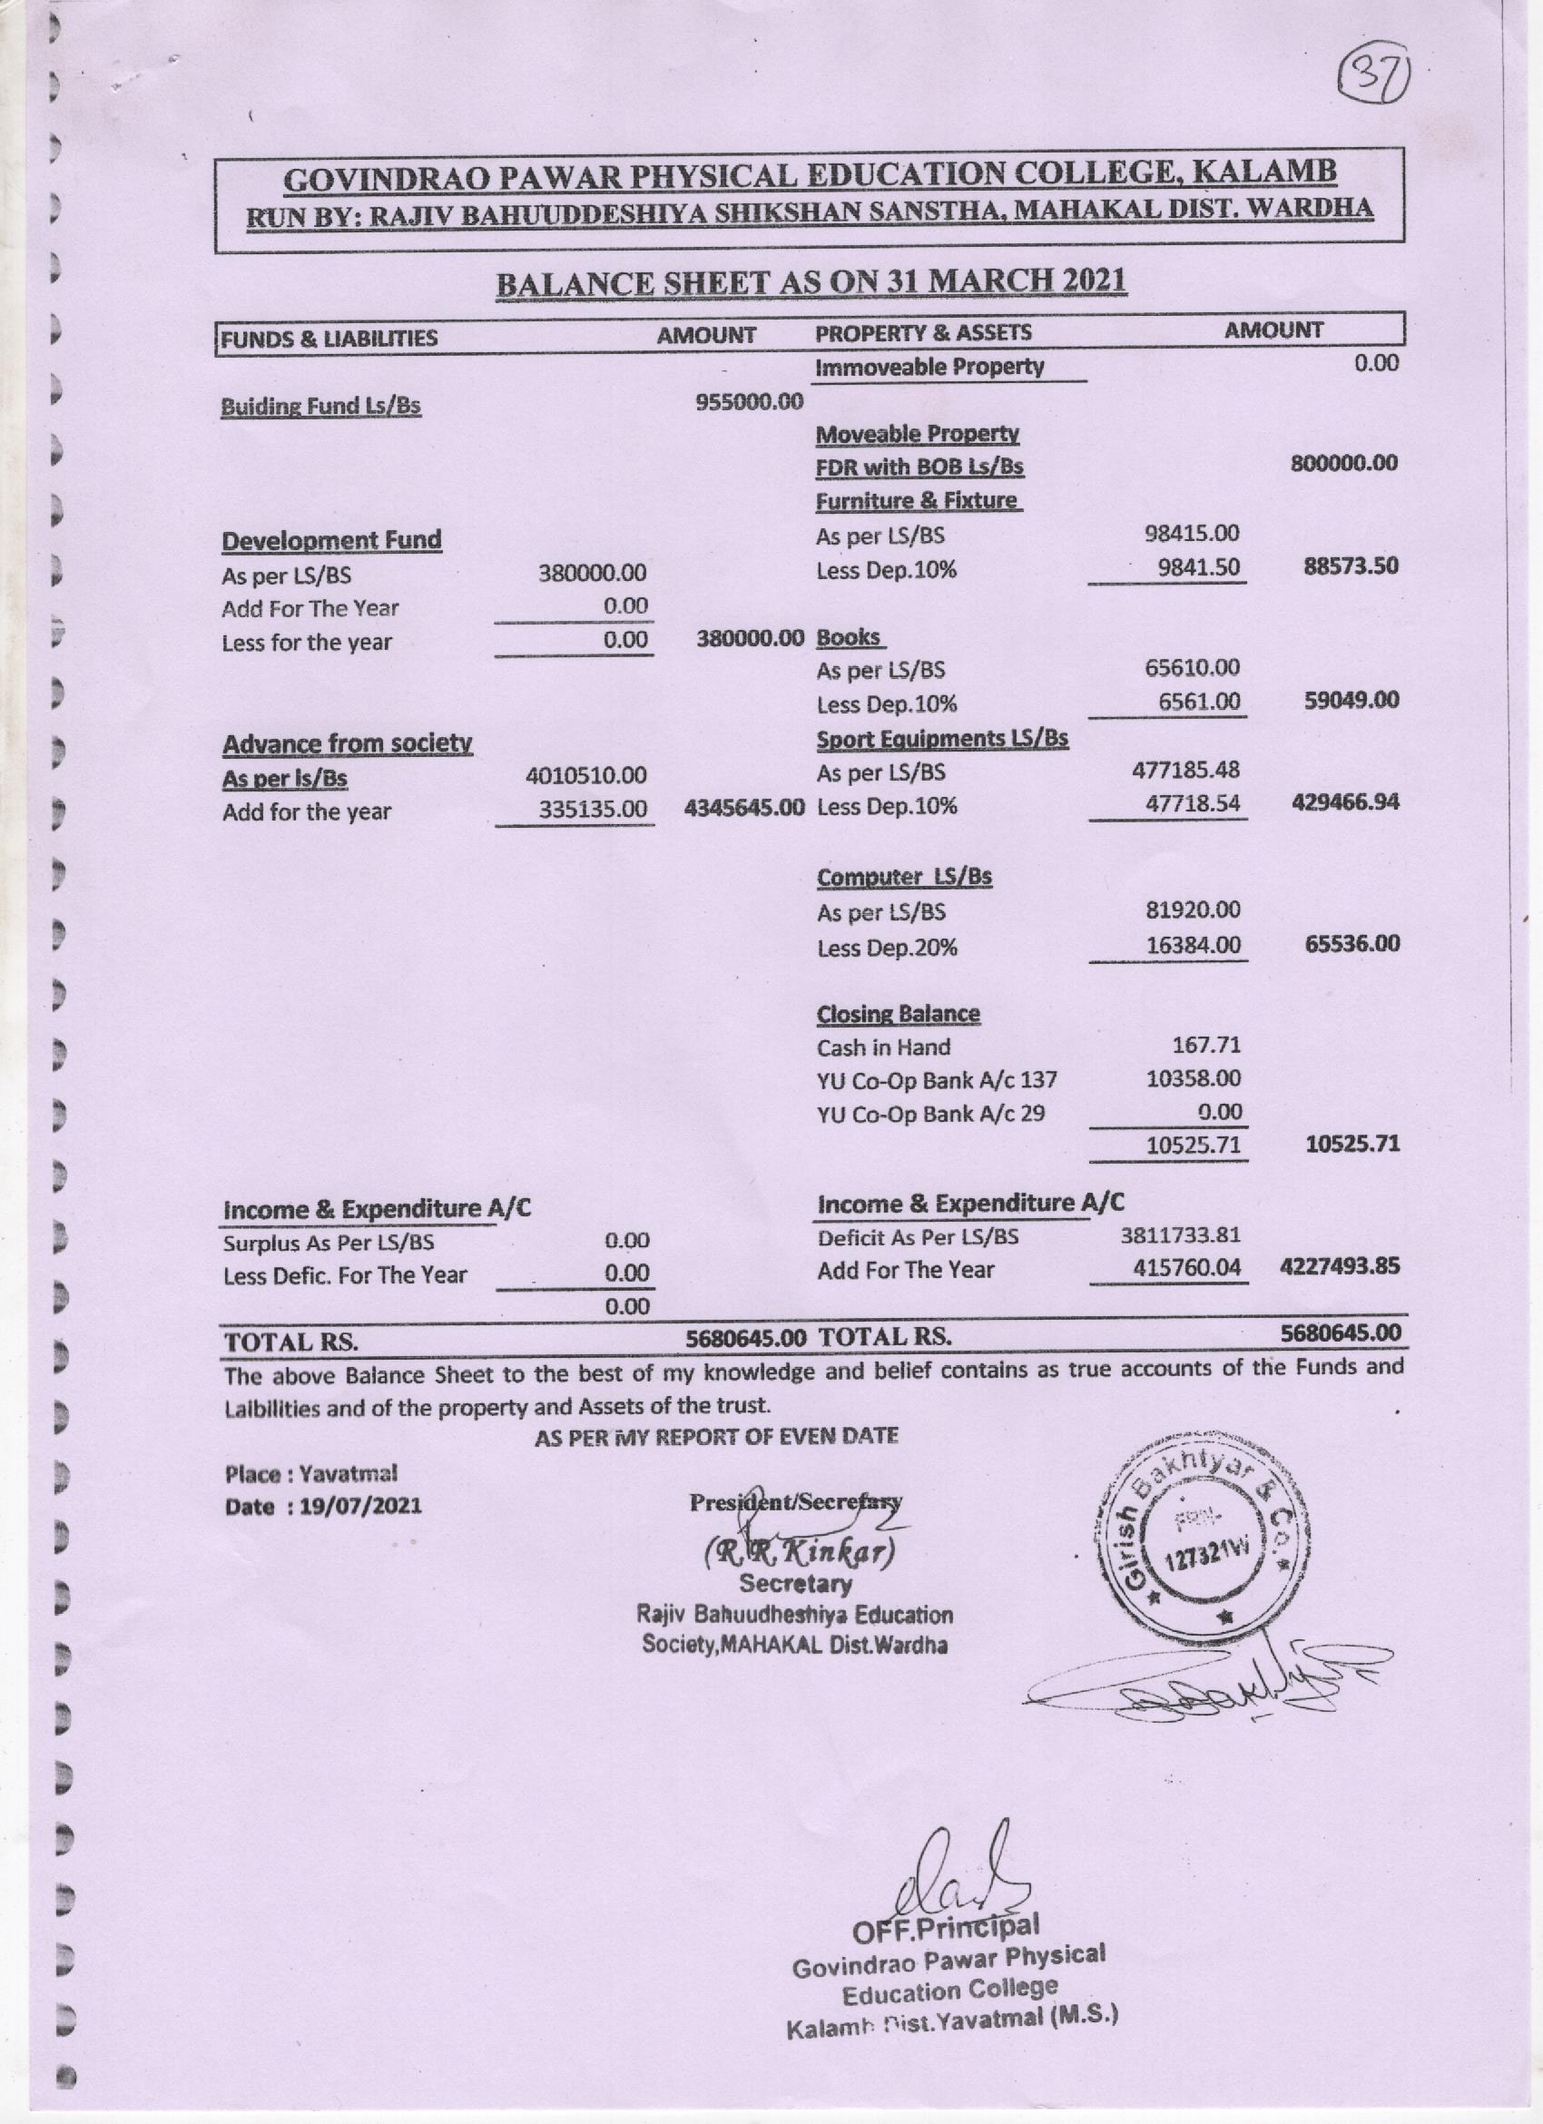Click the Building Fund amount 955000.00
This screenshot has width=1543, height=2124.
(x=749, y=403)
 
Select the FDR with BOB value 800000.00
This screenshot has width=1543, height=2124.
(x=1343, y=463)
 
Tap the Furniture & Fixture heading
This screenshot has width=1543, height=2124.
(x=917, y=501)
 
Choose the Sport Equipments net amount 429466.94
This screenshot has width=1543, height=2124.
(x=1344, y=802)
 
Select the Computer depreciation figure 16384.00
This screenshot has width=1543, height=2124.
(x=1194, y=946)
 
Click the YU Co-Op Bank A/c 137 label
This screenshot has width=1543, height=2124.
(x=937, y=1080)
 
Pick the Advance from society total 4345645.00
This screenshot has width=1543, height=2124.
(x=744, y=806)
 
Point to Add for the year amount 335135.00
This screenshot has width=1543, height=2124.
(x=593, y=810)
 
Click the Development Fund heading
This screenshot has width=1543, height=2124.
(x=331, y=540)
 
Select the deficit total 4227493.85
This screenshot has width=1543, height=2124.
(x=1339, y=1266)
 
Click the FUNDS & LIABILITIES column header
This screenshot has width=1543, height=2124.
(x=329, y=338)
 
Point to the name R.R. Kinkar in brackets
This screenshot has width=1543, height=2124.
(x=800, y=1553)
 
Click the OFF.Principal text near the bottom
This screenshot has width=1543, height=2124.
(x=946, y=1928)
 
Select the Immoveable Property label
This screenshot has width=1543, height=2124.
(x=929, y=367)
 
